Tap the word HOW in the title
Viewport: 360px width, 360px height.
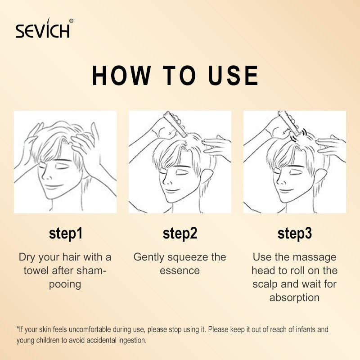[x=121, y=76]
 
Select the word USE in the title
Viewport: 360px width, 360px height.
[x=233, y=76]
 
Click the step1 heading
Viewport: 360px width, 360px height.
[x=66, y=234]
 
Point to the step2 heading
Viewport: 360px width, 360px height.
[x=180, y=234]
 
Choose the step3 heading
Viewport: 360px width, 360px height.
[x=295, y=234]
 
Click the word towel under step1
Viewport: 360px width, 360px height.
[x=36, y=270]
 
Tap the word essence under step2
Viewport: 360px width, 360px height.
[x=180, y=271]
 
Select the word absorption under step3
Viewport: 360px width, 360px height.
[x=295, y=298]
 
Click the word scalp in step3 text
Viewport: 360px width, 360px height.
[x=265, y=284]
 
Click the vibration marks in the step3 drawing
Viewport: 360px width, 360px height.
[x=299, y=135]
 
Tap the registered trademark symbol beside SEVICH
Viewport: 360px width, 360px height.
[x=72, y=21]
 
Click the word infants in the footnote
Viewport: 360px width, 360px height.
[x=301, y=329]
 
